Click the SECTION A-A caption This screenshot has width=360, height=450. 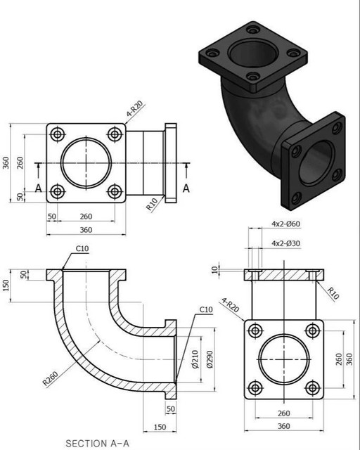coord(98,444)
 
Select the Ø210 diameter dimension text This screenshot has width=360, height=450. coord(195,360)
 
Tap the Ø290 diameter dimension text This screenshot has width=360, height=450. coord(209,360)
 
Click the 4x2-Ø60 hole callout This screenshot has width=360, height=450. coord(286,224)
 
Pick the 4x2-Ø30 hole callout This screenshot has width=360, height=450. coord(286,243)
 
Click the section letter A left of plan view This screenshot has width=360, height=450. coord(39,188)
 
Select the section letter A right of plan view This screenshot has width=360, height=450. coord(186,188)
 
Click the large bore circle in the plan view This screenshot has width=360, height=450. coord(86,163)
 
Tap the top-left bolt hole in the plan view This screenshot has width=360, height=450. coord(58,134)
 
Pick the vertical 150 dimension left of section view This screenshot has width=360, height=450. coord(6,285)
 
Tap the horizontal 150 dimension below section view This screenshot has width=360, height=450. coord(159,426)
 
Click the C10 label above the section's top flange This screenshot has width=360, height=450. coord(82,249)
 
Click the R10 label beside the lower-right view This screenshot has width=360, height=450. coord(332,292)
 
